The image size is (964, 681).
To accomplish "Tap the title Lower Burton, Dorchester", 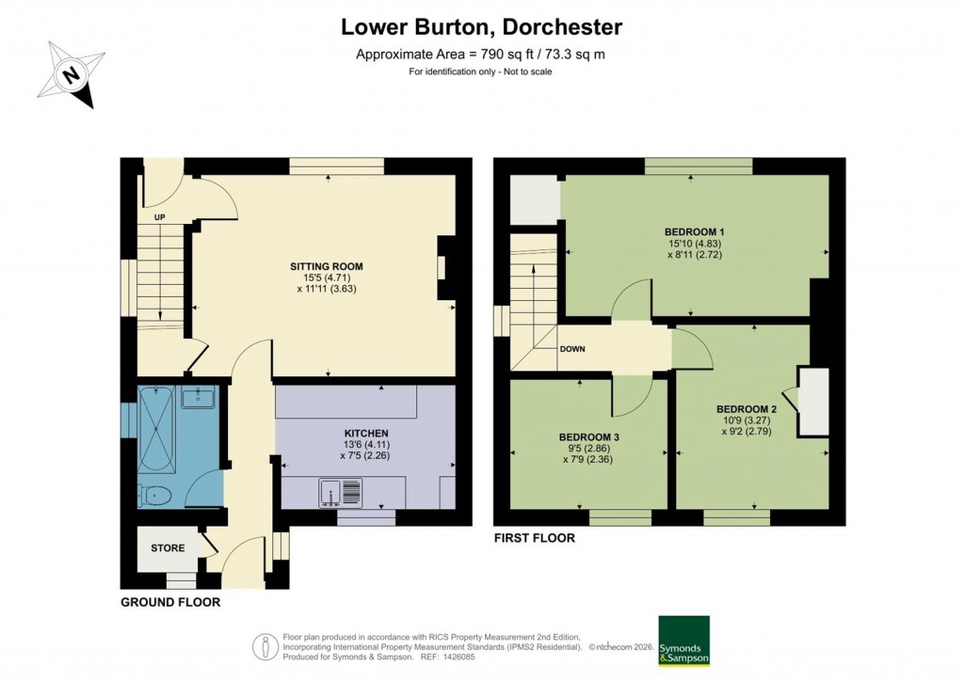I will [481, 27].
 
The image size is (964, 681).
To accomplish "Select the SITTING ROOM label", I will [326, 266].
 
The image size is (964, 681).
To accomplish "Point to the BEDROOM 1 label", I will [694, 231].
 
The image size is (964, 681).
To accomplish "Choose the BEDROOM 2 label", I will [746, 408].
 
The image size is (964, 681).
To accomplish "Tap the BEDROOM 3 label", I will [588, 436].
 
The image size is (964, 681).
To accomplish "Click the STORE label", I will [168, 547].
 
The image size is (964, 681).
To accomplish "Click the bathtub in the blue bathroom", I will [156, 432].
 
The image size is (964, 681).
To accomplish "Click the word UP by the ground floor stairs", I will [159, 217].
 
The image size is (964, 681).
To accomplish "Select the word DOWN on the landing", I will [572, 349].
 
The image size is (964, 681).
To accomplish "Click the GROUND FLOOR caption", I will [170, 602].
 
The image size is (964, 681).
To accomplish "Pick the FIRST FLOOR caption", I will [534, 539].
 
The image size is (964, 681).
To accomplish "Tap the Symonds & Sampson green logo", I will [683, 641].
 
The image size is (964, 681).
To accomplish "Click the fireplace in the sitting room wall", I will [442, 268].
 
